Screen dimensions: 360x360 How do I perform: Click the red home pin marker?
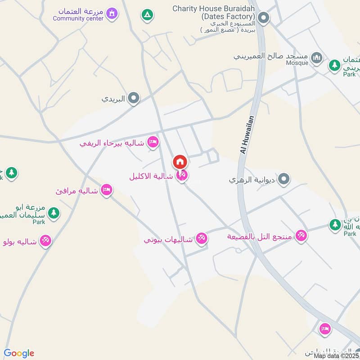click(x=180, y=162)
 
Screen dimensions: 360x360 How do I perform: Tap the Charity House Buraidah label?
click(x=214, y=9)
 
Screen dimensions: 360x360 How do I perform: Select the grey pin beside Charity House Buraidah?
click(x=263, y=18)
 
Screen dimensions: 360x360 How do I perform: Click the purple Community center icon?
click(x=111, y=14)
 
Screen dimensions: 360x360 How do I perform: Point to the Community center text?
click(x=77, y=18)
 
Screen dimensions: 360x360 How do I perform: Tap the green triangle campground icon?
click(x=147, y=15)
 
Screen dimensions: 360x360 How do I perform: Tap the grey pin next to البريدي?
click(x=133, y=98)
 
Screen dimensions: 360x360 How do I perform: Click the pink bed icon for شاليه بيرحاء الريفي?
click(x=153, y=142)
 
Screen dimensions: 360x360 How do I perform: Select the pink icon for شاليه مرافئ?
click(x=107, y=190)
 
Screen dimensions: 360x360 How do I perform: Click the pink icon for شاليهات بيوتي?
click(x=202, y=238)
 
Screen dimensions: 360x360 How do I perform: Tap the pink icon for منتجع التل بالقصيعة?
click(x=301, y=235)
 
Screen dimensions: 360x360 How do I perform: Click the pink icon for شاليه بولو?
click(x=45, y=241)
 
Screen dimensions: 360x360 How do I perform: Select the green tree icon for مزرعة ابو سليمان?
click(x=54, y=212)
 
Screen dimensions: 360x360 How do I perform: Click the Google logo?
click(x=19, y=353)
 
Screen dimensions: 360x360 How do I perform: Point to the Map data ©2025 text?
click(x=337, y=355)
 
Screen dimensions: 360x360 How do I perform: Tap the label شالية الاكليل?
click(x=151, y=176)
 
